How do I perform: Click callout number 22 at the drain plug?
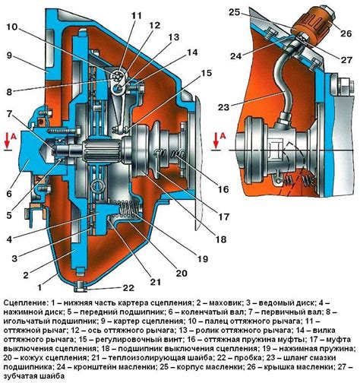pyautogui.click(x=128, y=287)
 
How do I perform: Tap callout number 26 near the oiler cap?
pyautogui.click(x=346, y=33)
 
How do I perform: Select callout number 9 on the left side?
pyautogui.click(x=9, y=55)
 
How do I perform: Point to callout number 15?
pyautogui.click(x=206, y=73)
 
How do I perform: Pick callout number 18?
pyautogui.click(x=220, y=239)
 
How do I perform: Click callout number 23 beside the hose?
pyautogui.click(x=223, y=107)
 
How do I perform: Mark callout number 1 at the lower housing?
pyautogui.click(x=39, y=287)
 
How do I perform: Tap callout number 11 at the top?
pyautogui.click(x=137, y=16)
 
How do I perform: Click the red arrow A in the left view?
pyautogui.click(x=8, y=141)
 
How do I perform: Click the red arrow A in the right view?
pyautogui.click(x=216, y=141)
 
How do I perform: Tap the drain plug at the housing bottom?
pyautogui.click(x=81, y=286)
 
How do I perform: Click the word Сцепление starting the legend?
pyautogui.click(x=25, y=302)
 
